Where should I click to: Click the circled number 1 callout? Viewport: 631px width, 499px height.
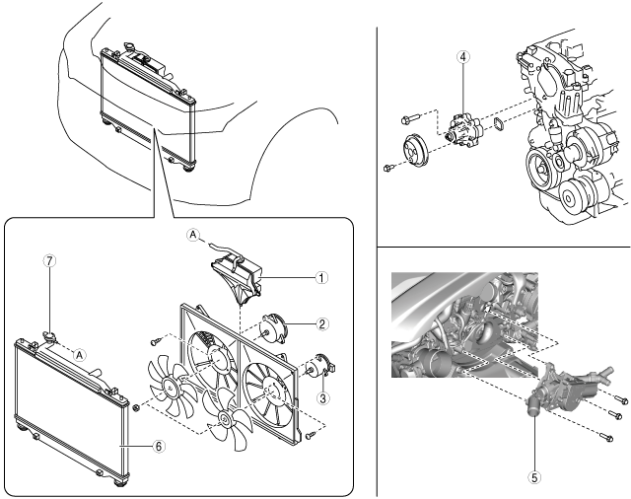tap(321, 277)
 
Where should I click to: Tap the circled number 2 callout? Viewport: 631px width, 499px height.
tap(321, 323)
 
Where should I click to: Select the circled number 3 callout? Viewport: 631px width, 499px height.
tap(321, 397)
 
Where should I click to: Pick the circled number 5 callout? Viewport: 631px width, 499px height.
tap(534, 475)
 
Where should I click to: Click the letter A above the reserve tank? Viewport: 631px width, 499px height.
tap(194, 235)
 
